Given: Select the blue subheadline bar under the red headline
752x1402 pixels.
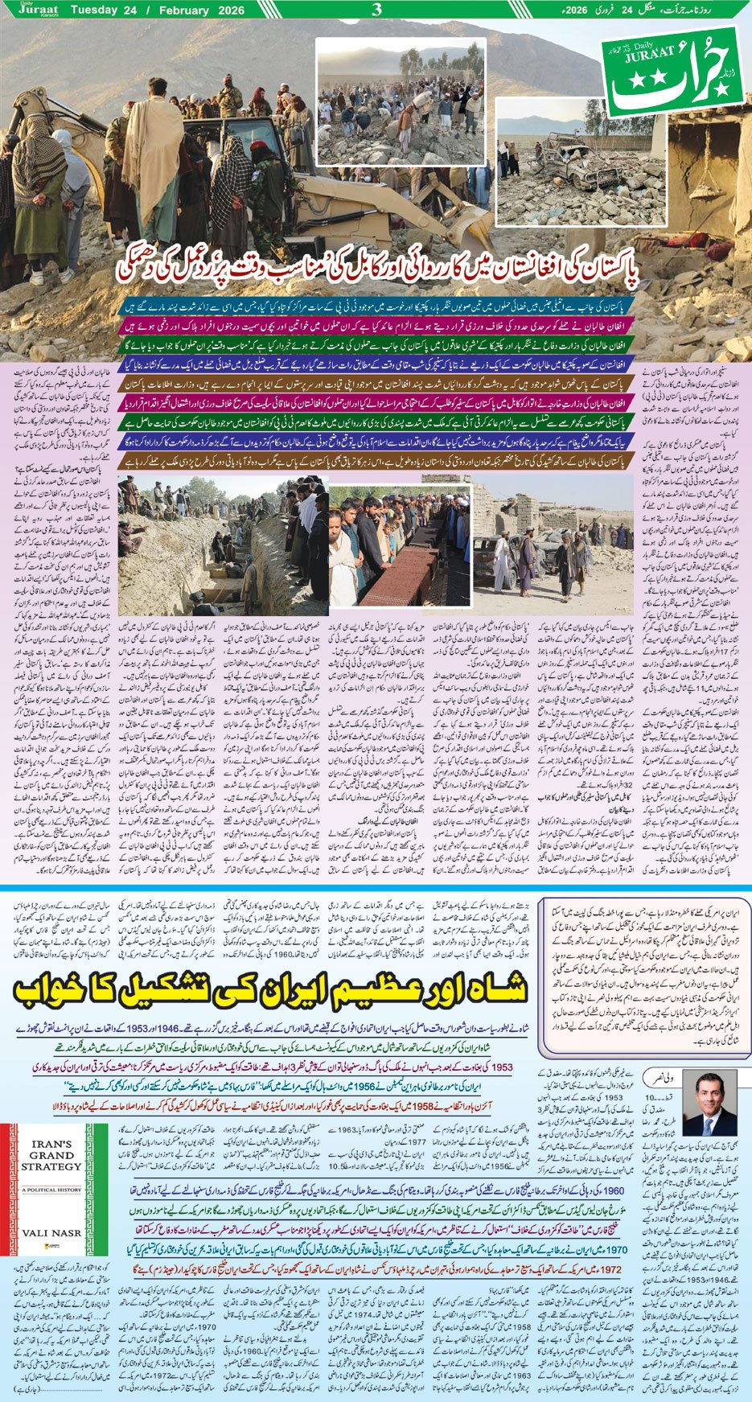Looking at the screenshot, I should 378,307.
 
